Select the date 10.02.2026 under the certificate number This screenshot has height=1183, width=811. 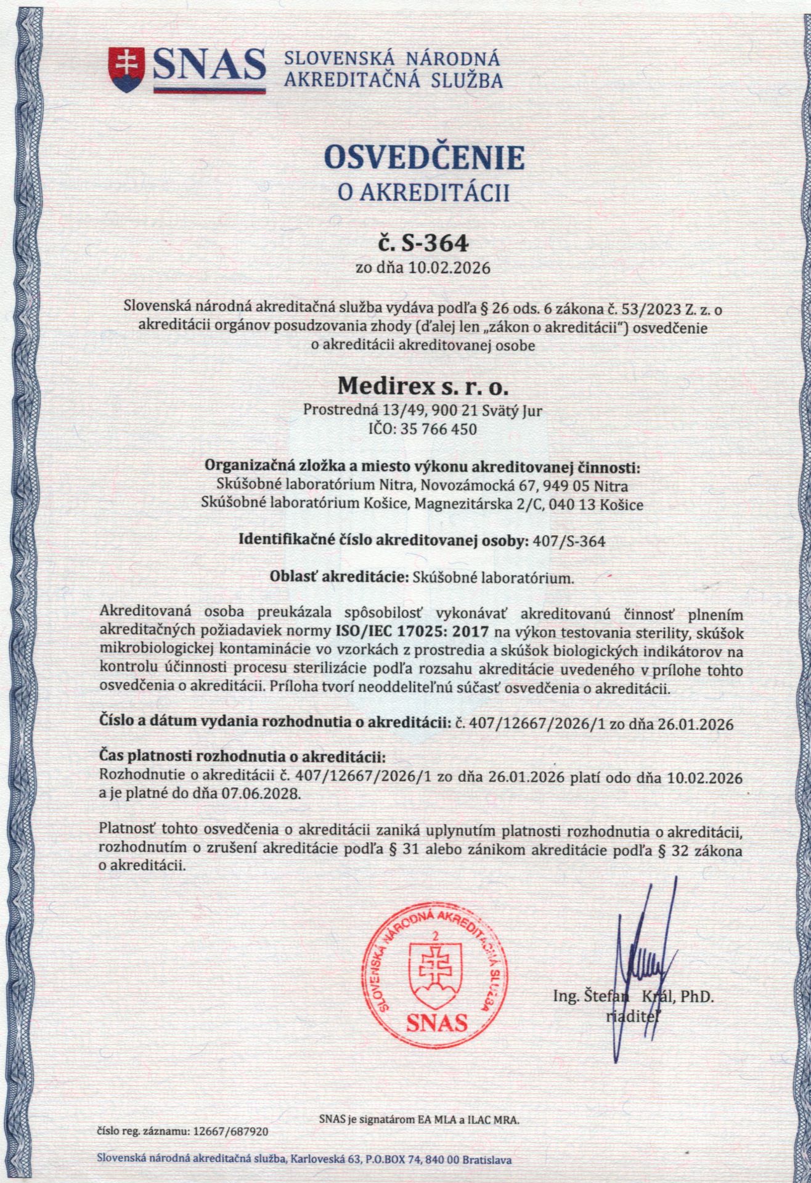click(452, 269)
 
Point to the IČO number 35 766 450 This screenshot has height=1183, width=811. click(438, 429)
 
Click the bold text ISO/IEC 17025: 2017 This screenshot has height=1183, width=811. click(412, 631)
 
